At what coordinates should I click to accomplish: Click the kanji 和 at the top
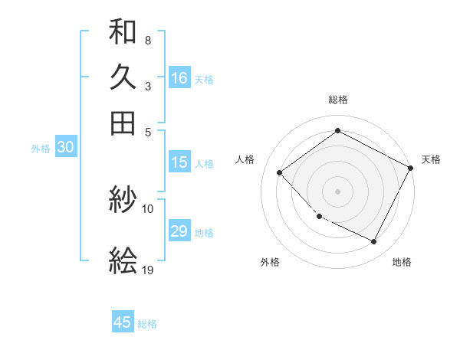123,33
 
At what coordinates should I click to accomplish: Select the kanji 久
123,77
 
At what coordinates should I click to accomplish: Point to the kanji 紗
123,201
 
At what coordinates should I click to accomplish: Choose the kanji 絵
123,261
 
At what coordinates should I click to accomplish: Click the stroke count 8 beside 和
147,39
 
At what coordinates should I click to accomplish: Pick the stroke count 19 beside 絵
148,270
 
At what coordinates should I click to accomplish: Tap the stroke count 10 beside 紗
148,208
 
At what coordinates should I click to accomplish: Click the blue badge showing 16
179,78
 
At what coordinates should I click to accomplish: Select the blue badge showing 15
179,162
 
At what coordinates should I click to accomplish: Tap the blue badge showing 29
179,231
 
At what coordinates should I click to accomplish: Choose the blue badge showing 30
65,148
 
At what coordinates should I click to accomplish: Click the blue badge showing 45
123,322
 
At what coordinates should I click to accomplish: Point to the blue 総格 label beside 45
147,324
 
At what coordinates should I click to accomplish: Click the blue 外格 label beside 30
41,149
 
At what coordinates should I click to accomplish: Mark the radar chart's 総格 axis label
338,100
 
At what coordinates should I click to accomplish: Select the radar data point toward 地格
374,242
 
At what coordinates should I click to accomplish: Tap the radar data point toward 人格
280,173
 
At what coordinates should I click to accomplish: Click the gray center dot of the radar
338,191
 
